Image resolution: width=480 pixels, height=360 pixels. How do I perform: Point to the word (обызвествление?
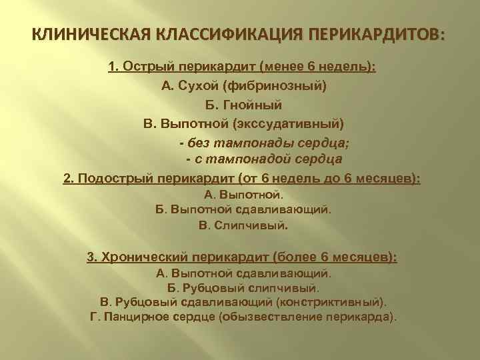[x=269, y=316]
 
